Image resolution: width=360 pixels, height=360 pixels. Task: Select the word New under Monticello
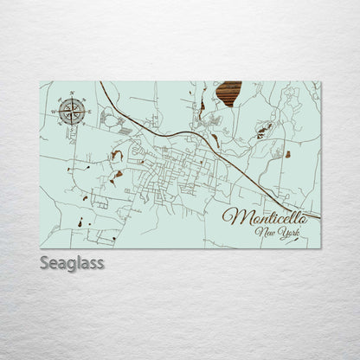click(x=262, y=235)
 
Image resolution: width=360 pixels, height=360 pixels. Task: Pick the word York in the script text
click(x=282, y=235)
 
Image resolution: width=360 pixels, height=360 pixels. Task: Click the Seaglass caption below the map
click(x=73, y=263)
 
